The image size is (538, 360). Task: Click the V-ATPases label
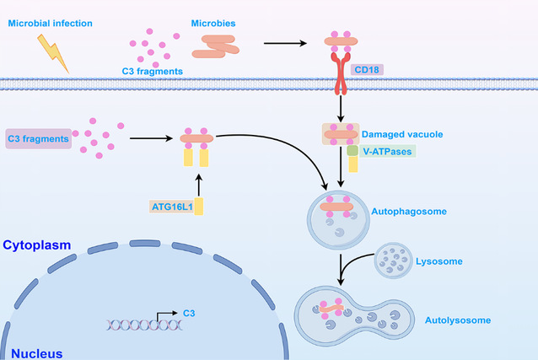pos(389,150)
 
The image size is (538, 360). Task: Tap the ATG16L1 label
pos(169,206)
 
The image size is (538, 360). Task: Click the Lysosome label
pos(439,261)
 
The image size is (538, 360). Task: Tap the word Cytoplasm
pos(35,245)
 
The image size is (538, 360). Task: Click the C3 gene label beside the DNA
pos(189,313)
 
